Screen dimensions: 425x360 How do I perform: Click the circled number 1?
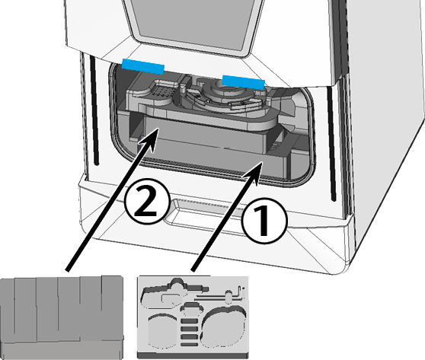(x=264, y=221)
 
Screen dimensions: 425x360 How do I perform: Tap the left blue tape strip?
(x=143, y=67)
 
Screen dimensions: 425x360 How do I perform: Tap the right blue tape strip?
(x=244, y=82)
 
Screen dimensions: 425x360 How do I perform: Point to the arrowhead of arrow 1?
(x=254, y=172)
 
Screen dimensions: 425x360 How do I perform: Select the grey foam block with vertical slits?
(x=62, y=317)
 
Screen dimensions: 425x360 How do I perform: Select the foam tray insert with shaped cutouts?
(x=193, y=317)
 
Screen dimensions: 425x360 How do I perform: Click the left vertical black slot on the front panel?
(x=94, y=110)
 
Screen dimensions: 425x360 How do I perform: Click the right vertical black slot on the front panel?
(x=331, y=144)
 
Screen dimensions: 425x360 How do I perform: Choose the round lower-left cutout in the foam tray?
(x=161, y=330)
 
